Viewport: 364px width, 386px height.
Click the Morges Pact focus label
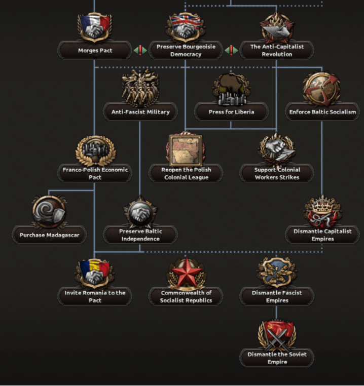[x=95, y=51]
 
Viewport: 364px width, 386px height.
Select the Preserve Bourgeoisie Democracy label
[x=186, y=51]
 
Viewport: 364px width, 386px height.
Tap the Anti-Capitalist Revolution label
[x=277, y=51]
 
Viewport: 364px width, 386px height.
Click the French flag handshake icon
[x=95, y=28]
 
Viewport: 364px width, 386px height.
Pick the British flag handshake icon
[x=186, y=28]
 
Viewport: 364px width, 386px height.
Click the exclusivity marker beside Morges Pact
[x=140, y=50]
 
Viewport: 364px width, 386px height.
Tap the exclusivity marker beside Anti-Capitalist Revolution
[x=231, y=50]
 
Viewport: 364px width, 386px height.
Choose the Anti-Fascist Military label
[x=140, y=112]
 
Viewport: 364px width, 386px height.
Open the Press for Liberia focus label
[x=231, y=112]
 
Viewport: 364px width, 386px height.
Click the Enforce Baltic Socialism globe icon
[x=322, y=88]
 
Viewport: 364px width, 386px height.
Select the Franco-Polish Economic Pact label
[x=95, y=173]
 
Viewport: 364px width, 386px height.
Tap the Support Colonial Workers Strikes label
[x=277, y=173]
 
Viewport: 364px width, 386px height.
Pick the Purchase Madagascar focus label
[x=50, y=235]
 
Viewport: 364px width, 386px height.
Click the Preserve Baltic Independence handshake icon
[x=140, y=211]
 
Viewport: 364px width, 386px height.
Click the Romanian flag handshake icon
[x=95, y=273]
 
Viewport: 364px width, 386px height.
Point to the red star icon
[x=186, y=273]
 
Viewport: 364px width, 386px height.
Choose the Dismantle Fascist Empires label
[x=277, y=296]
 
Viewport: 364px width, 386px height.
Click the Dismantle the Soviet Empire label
[x=277, y=358]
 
